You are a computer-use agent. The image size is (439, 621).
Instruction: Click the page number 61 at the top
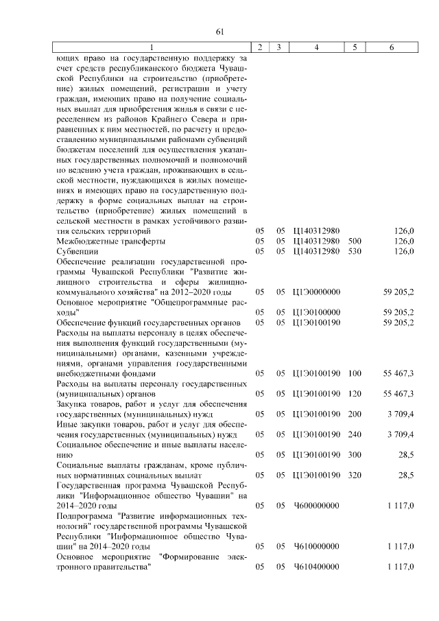tap(220, 32)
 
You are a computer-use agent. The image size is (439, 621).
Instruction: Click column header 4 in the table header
tap(316, 47)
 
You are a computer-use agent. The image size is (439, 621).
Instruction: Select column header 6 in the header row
tap(391, 47)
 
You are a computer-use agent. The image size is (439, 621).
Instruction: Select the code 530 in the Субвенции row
tap(354, 252)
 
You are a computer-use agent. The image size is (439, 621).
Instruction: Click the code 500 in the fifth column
tap(354, 242)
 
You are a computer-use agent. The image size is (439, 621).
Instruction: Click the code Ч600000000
tap(316, 505)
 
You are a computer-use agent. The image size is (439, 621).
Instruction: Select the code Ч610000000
tap(316, 546)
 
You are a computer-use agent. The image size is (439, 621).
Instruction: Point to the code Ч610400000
tap(316, 567)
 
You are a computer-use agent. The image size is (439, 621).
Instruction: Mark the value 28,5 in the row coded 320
tap(405, 475)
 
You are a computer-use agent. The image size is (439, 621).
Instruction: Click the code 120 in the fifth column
tap(354, 394)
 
